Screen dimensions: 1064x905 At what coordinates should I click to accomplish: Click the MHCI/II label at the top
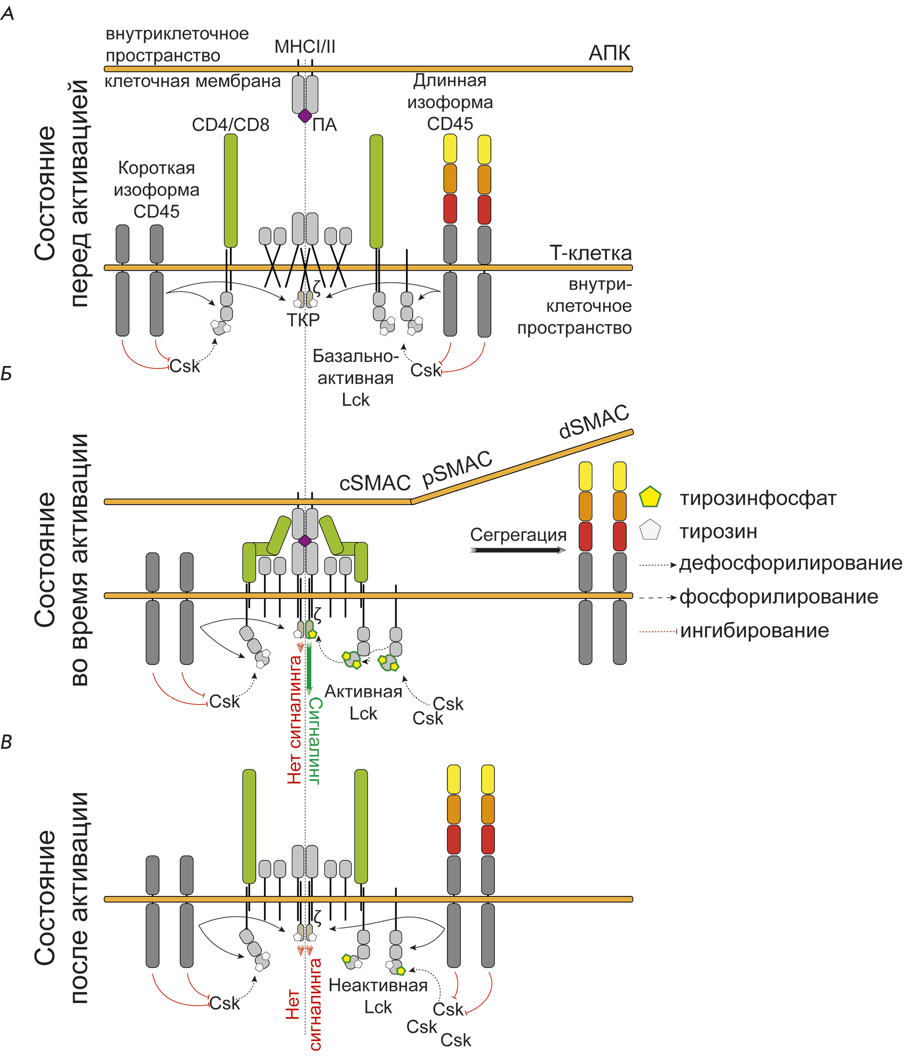(305, 47)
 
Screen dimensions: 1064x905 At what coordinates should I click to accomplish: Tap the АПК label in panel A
(609, 53)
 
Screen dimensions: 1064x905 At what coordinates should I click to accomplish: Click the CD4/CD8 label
(230, 125)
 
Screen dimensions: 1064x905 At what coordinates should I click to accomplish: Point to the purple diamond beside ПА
(305, 115)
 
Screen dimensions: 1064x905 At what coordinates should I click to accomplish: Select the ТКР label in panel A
(303, 320)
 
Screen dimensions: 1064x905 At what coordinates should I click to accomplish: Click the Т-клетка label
(590, 253)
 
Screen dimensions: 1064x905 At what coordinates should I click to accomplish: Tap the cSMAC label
(375, 483)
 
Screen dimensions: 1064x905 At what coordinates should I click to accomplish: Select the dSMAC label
(593, 422)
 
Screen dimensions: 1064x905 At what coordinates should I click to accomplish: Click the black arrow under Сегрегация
(518, 550)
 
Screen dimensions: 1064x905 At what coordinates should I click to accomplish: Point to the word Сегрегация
(518, 535)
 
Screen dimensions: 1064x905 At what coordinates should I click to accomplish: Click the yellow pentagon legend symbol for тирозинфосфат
(650, 497)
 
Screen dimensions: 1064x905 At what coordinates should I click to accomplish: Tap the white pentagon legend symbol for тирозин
(650, 530)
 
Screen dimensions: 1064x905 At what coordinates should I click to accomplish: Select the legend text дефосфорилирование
(790, 563)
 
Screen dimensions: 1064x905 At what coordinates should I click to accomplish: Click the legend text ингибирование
(754, 630)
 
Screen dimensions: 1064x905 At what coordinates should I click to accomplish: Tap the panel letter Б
(6, 374)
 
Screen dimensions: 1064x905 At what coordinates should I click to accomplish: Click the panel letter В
(6, 742)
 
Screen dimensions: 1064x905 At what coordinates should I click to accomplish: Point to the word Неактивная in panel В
(378, 985)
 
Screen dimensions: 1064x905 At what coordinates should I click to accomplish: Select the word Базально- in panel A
(355, 356)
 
